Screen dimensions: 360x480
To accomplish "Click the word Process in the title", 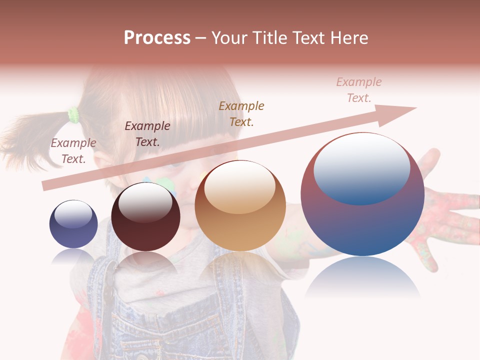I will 157,38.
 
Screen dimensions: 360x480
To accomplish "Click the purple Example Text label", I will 73,151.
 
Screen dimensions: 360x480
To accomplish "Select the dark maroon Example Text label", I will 147,134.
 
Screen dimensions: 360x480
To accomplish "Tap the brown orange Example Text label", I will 241,113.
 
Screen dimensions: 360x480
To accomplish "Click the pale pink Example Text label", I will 359,90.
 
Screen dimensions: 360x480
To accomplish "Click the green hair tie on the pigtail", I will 74,115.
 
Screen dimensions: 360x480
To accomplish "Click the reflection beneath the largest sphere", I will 362,277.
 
